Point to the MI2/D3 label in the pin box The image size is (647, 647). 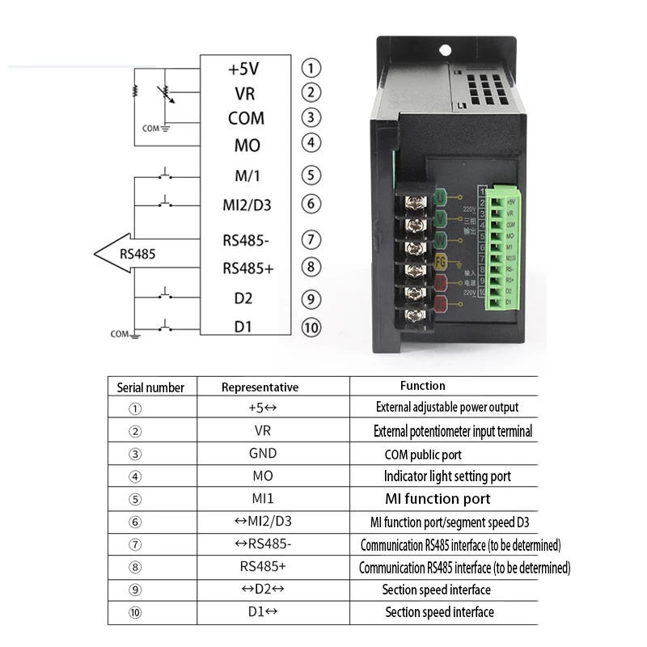pos(247,205)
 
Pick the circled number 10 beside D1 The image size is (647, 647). pos(311,328)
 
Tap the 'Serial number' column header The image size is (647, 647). pos(151,387)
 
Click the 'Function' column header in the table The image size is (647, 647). pos(422,386)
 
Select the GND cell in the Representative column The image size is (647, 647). pos(263,454)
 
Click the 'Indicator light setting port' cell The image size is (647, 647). pos(447,476)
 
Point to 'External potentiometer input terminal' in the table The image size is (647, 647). pos(453,431)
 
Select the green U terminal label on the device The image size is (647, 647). pos(441,197)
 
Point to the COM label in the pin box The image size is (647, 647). pos(247,118)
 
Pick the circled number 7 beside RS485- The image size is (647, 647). pos(311,240)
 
